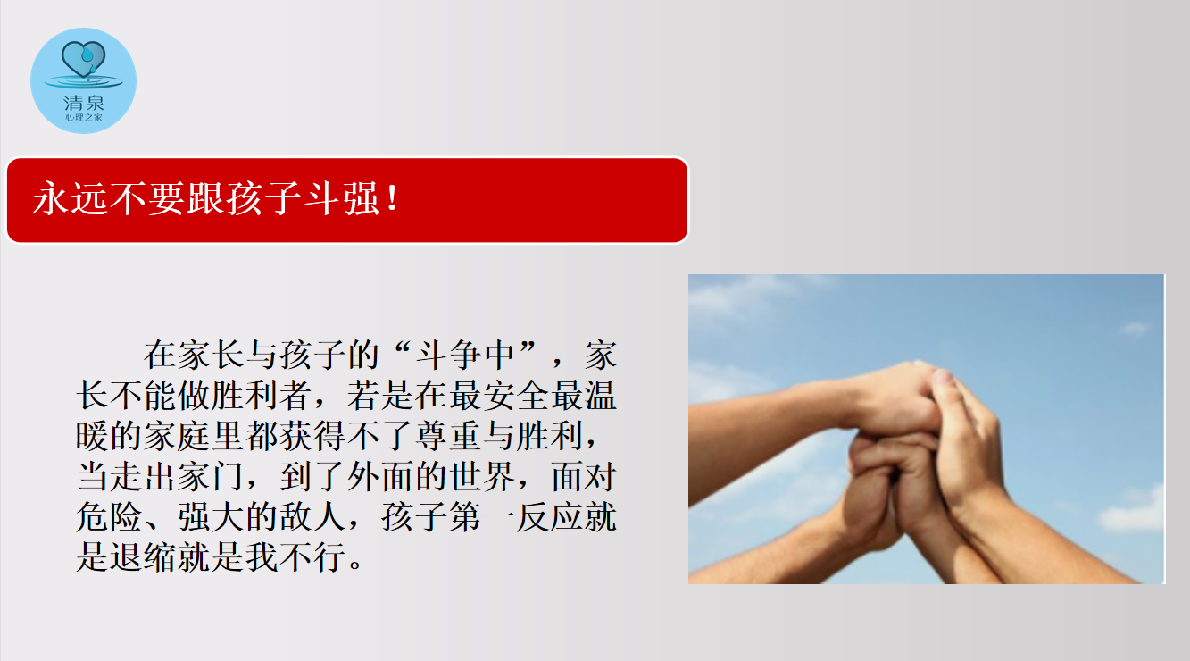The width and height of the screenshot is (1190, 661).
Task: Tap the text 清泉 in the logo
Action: point(83,102)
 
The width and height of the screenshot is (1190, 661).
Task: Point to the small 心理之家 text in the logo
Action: point(83,117)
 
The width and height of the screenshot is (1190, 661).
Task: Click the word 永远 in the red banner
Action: point(71,198)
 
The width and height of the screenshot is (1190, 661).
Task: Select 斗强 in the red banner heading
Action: point(341,198)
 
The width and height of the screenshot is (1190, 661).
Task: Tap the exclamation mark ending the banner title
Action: point(393,198)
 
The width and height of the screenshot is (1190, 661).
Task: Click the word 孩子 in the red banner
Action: point(263,198)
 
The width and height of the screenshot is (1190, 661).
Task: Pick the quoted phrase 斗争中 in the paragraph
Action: point(465,355)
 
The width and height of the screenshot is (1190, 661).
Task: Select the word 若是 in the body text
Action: point(380,396)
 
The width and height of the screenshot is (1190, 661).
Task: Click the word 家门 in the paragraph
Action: point(211,476)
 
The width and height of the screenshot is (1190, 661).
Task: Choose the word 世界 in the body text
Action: point(482,476)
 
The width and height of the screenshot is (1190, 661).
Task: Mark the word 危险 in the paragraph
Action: point(109,516)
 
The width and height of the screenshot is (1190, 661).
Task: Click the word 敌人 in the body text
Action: point(312,516)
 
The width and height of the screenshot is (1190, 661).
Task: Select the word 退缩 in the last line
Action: point(143,556)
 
